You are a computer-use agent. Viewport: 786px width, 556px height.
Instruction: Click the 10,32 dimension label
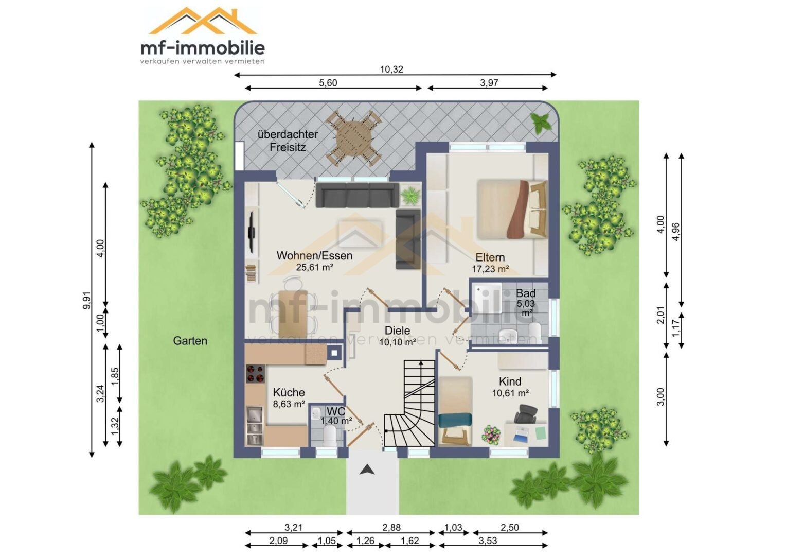pos(391,69)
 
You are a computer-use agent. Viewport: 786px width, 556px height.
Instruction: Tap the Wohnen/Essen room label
pos(314,256)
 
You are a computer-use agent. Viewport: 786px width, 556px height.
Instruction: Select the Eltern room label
pos(490,257)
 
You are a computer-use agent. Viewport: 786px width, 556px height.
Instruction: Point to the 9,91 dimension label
pos(86,301)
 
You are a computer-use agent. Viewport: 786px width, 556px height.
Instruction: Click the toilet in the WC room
pos(330,436)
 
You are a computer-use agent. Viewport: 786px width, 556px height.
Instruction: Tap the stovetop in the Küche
pos(255,374)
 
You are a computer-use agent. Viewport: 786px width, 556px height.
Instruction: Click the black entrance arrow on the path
pos(367,470)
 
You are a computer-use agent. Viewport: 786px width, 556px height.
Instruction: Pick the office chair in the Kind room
pos(525,413)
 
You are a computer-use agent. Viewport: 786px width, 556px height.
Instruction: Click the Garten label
pos(190,341)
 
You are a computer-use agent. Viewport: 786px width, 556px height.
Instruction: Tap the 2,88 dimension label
pos(391,527)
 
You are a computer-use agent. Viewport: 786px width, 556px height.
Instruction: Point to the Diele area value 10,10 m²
pos(398,342)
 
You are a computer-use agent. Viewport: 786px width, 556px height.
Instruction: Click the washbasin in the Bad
pos(507,333)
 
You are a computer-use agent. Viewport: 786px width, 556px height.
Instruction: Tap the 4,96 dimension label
pos(675,232)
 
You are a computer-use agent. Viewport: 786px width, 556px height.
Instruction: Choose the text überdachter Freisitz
pos(288,141)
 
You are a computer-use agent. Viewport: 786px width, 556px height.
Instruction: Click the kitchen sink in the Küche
pos(255,425)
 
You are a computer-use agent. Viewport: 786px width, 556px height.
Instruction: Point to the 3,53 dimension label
pos(488,541)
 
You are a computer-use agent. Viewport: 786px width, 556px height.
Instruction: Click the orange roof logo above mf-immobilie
pos(203,21)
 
